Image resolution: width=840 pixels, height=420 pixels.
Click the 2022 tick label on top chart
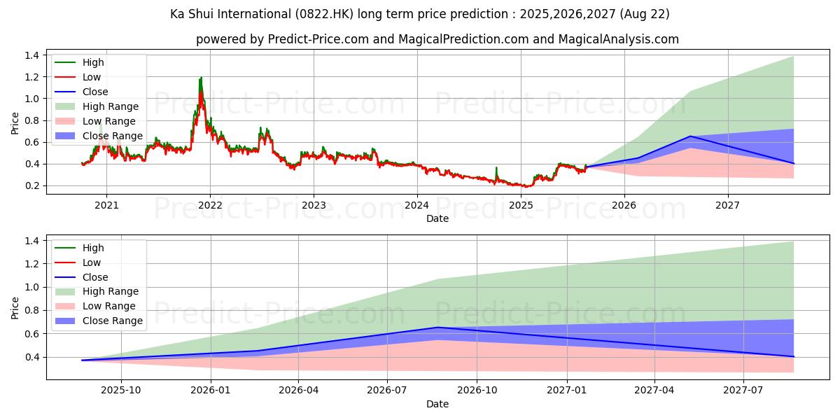tap(210, 205)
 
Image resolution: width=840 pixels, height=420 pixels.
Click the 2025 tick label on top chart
tap(521, 205)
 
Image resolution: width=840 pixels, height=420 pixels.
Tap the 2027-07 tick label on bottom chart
tap(743, 391)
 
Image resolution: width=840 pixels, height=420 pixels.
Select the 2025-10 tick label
tap(121, 391)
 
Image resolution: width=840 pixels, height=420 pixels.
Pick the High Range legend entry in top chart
tap(111, 106)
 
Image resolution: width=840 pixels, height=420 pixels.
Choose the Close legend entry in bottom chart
tap(95, 277)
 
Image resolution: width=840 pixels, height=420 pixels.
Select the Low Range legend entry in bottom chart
tap(109, 306)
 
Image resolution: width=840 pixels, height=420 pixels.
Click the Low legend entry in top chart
tap(92, 77)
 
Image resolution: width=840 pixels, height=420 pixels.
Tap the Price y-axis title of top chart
tap(15, 122)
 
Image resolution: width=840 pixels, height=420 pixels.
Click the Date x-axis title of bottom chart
tap(437, 404)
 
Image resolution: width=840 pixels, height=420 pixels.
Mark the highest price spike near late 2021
tap(201, 78)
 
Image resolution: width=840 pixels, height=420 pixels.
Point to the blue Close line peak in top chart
tap(690, 136)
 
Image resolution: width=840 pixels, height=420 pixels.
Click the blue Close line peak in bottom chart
tap(437, 327)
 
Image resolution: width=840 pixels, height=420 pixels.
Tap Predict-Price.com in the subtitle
tap(318, 39)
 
